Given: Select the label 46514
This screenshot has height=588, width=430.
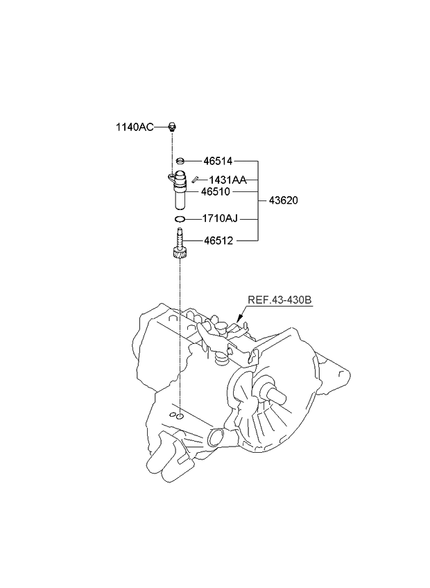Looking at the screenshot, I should click(x=218, y=160).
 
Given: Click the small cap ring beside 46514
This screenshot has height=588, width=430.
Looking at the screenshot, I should click(x=179, y=160).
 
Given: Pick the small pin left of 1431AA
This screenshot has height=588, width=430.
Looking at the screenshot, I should click(x=196, y=180).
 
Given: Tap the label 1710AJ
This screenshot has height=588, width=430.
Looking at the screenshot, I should click(x=220, y=219).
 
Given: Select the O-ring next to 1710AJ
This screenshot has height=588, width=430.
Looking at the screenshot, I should click(x=179, y=219).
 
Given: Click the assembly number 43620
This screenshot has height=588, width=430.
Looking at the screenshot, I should click(x=283, y=200).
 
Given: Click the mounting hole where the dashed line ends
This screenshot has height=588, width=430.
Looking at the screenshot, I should click(x=179, y=415).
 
